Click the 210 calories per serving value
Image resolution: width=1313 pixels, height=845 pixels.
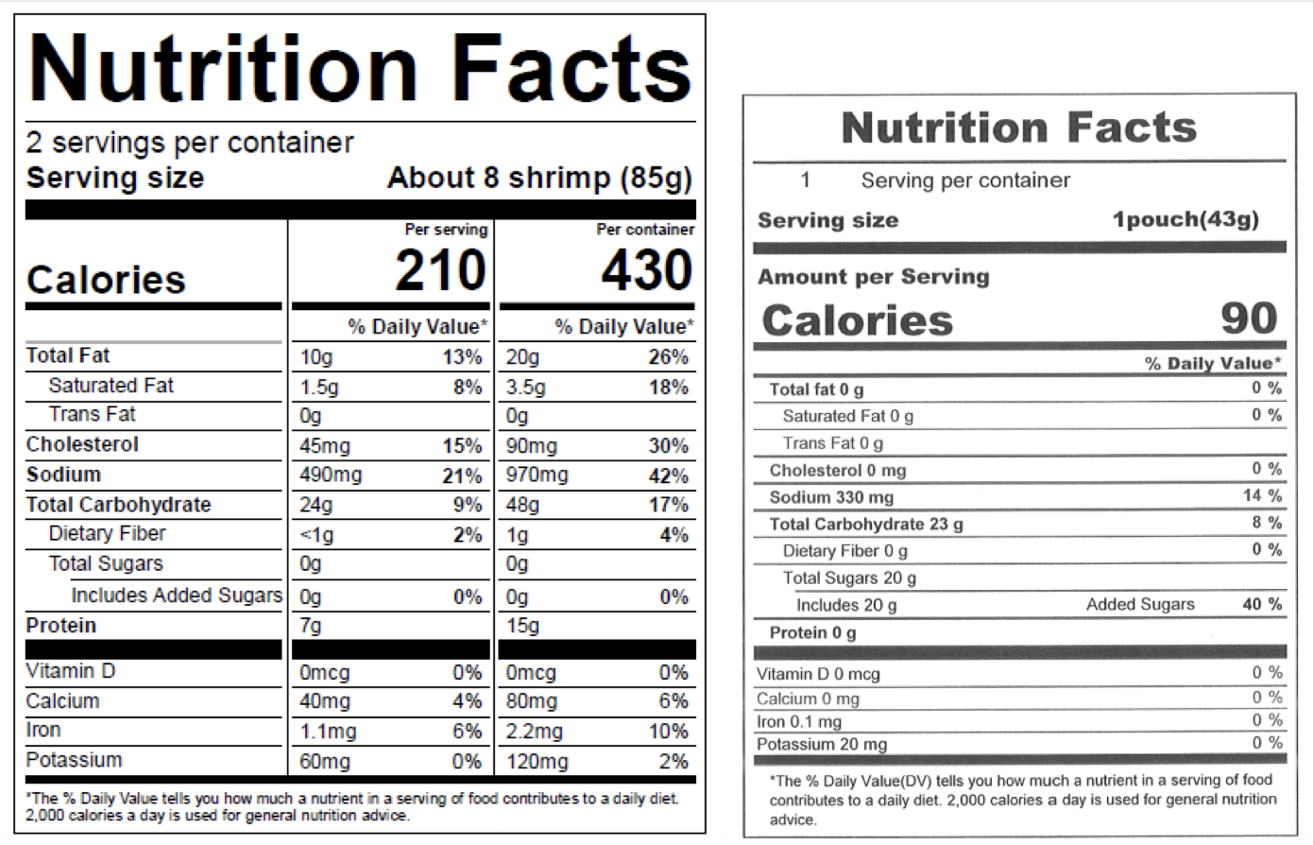440,271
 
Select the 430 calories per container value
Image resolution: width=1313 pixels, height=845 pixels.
646,271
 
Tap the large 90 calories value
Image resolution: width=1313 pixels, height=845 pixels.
1249,319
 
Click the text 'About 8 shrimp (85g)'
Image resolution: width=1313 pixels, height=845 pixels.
539,179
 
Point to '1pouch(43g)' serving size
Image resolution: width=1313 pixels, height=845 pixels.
1185,220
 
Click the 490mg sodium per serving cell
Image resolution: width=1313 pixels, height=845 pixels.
331,474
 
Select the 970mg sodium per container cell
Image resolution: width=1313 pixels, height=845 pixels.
537,474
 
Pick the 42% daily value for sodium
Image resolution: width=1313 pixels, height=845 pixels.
669,475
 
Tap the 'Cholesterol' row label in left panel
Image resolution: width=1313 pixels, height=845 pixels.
82,444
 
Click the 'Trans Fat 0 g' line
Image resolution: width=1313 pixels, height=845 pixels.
832,443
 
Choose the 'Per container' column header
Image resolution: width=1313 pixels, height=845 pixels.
645,230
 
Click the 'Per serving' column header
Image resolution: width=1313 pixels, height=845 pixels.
446,230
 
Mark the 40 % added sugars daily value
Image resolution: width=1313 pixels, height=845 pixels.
1262,604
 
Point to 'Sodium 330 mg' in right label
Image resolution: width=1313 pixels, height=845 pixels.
831,497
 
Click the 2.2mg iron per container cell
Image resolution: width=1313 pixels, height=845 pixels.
535,732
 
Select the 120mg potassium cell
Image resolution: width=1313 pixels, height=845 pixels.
537,762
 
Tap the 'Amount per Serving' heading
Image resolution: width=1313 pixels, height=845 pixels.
873,277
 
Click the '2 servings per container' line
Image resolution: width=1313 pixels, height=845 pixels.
190,143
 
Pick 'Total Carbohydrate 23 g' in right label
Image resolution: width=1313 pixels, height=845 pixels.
866,525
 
